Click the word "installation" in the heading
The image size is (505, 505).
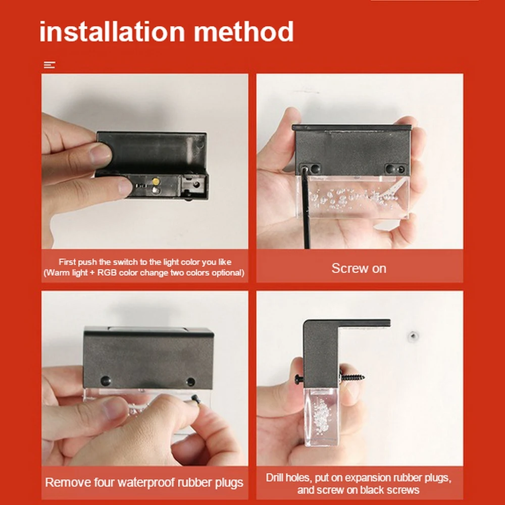[x=112, y=31]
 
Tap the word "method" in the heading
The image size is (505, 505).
[x=243, y=31]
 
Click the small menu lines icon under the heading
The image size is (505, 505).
[x=49, y=65]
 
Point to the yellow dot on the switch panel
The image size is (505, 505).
[x=156, y=181]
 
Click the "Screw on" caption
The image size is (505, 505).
[x=359, y=268]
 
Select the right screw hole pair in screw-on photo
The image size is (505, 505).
[x=395, y=169]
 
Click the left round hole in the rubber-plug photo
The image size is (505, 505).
[x=106, y=381]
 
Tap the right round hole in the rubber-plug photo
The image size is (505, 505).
[x=191, y=382]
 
